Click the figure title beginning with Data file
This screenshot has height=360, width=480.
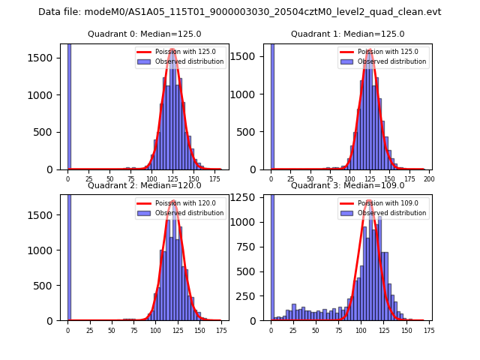(x=240, y=12)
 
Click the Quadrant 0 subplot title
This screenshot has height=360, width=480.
(x=145, y=34)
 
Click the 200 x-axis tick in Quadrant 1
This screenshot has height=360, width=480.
(x=429, y=179)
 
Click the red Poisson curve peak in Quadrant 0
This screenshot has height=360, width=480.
(x=172, y=50)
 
